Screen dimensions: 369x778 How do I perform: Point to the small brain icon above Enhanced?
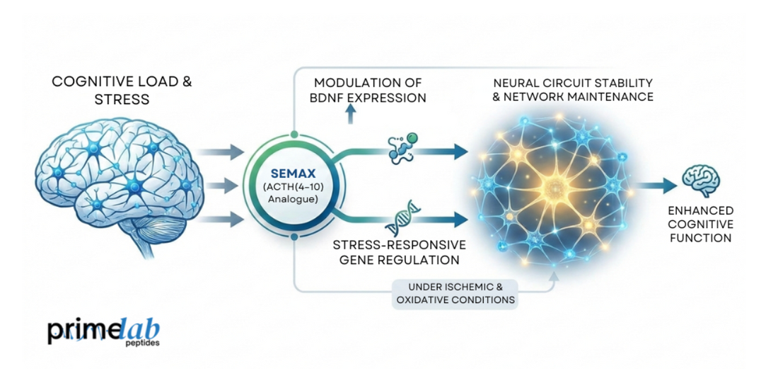(x=700, y=180)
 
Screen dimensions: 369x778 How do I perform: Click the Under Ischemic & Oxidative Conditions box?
(x=454, y=293)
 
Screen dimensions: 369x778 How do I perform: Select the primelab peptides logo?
(x=104, y=331)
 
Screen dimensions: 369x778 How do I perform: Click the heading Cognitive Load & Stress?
(x=122, y=91)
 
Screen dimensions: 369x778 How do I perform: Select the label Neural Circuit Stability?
(x=573, y=83)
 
